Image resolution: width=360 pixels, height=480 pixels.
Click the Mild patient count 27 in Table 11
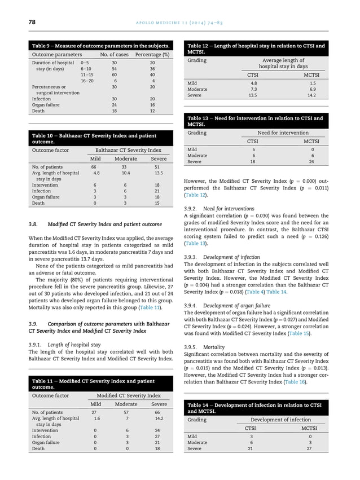point(94,412)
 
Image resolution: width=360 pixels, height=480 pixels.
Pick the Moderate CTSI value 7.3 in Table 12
point(253,89)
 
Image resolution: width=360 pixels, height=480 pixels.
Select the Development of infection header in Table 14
point(280,420)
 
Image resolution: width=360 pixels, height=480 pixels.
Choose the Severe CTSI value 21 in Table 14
point(251,449)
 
